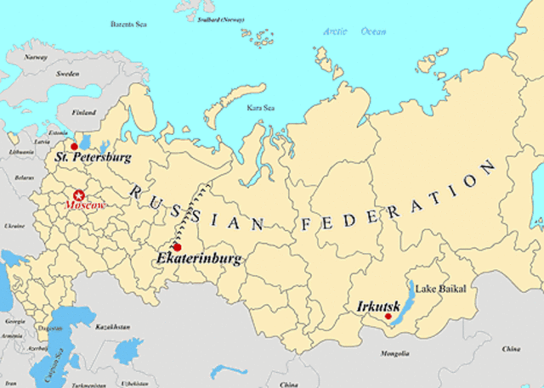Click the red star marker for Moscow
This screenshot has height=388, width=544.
click(x=81, y=194)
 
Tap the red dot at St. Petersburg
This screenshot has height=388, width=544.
click(x=74, y=147)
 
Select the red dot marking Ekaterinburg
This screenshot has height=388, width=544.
click(x=177, y=247)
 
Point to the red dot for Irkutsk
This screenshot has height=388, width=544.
click(x=388, y=317)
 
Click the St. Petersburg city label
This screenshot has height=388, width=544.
click(x=93, y=158)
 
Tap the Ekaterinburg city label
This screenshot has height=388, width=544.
click(x=200, y=258)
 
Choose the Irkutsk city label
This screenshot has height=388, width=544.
click(x=371, y=305)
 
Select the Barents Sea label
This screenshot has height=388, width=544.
click(x=128, y=25)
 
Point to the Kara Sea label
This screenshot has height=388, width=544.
click(x=260, y=108)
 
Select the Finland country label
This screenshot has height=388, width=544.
click(x=83, y=112)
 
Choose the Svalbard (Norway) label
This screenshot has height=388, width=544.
click(x=220, y=19)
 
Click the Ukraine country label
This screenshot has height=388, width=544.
click(x=14, y=227)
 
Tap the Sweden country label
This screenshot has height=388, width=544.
click(x=68, y=74)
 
